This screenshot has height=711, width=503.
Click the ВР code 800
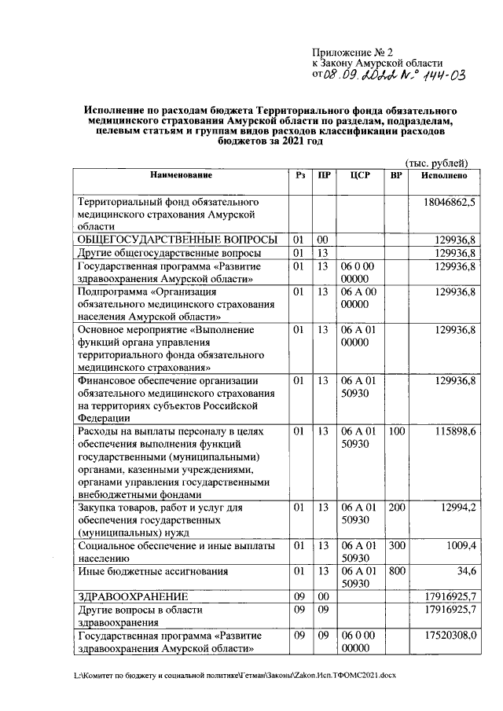click(397, 571)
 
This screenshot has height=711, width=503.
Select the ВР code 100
click(397, 431)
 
